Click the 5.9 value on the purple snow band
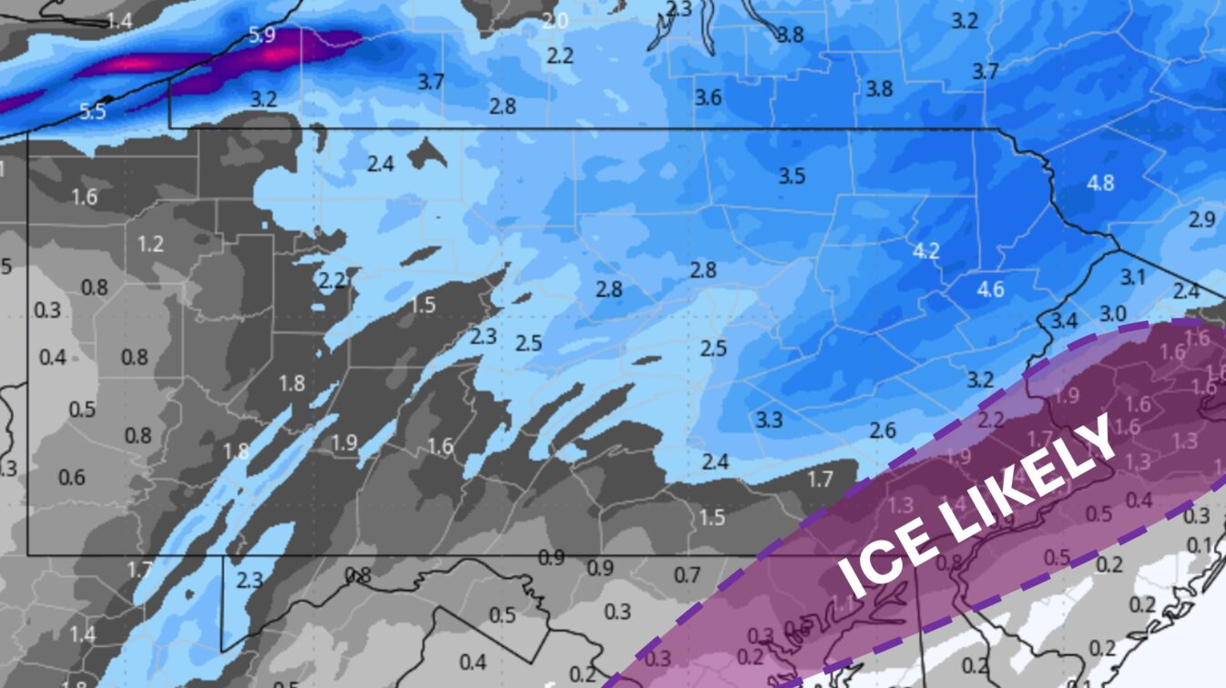pyautogui.click(x=261, y=36)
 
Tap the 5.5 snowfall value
pyautogui.click(x=92, y=112)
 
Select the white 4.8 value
pyautogui.click(x=1100, y=182)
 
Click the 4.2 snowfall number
pyautogui.click(x=926, y=251)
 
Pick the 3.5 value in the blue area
pyautogui.click(x=792, y=176)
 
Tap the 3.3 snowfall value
pyautogui.click(x=769, y=420)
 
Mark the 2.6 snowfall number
pyautogui.click(x=883, y=430)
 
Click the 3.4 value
pyautogui.click(x=1064, y=320)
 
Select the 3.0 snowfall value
pyautogui.click(x=1112, y=313)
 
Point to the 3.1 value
pyautogui.click(x=1132, y=278)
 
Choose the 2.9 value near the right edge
pyautogui.click(x=1202, y=219)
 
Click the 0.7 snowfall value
pyautogui.click(x=688, y=575)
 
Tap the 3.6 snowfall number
pyautogui.click(x=709, y=97)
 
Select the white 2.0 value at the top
pyautogui.click(x=554, y=21)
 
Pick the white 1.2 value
pyautogui.click(x=150, y=244)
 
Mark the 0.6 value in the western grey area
pyautogui.click(x=72, y=477)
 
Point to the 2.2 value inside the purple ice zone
pyautogui.click(x=991, y=420)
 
